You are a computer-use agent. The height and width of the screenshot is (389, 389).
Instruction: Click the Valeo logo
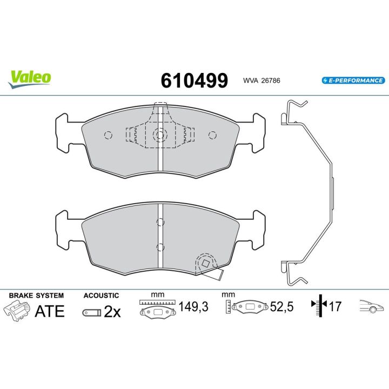(29, 77)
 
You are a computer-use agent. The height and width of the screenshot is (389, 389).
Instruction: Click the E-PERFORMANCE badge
(352, 81)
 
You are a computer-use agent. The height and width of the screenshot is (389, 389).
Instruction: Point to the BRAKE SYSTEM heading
(36, 296)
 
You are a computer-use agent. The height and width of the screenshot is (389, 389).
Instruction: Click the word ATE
(50, 311)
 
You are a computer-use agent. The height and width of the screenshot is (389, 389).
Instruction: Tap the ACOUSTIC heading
(101, 296)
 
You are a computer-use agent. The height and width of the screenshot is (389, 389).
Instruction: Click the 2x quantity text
(112, 312)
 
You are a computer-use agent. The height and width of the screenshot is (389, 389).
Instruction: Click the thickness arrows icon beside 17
(319, 307)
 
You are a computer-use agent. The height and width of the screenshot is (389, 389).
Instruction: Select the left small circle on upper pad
(107, 135)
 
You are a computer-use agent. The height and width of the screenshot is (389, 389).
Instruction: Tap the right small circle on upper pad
(212, 135)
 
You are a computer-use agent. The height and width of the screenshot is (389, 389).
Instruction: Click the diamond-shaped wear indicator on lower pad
(205, 263)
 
